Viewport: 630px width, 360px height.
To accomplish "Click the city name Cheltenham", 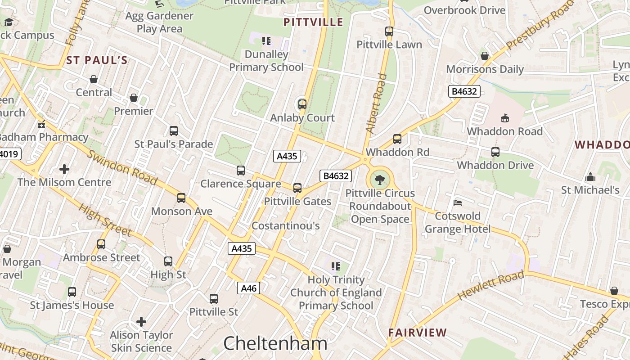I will [275, 344].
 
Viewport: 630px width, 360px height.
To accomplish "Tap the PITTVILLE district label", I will [314, 22].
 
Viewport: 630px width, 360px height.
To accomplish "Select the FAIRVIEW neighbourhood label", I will [418, 333].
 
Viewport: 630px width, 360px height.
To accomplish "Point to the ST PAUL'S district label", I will [97, 60].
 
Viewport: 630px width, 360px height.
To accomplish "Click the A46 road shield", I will [248, 288].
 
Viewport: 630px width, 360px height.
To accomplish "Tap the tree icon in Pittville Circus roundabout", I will [380, 180].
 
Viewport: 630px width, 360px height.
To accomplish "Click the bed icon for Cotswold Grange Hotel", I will [458, 202].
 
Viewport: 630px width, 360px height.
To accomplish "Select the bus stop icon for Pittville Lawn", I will [389, 31].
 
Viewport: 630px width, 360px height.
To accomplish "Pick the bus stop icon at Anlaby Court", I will [302, 104].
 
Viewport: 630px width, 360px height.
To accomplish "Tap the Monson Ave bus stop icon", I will [181, 198].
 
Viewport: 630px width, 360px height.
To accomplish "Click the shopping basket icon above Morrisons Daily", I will [485, 56].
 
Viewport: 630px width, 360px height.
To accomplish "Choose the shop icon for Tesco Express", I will [614, 291].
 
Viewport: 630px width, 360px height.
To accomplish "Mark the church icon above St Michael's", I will [590, 176].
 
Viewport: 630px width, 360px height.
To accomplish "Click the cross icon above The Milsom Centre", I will [64, 169].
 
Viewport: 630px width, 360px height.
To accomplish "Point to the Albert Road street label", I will [376, 103].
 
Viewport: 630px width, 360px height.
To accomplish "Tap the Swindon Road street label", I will [121, 167].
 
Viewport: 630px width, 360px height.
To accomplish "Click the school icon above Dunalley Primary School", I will [266, 41].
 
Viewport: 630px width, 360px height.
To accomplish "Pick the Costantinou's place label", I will [285, 225].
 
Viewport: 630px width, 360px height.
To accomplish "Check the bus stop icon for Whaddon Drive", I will [495, 152].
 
